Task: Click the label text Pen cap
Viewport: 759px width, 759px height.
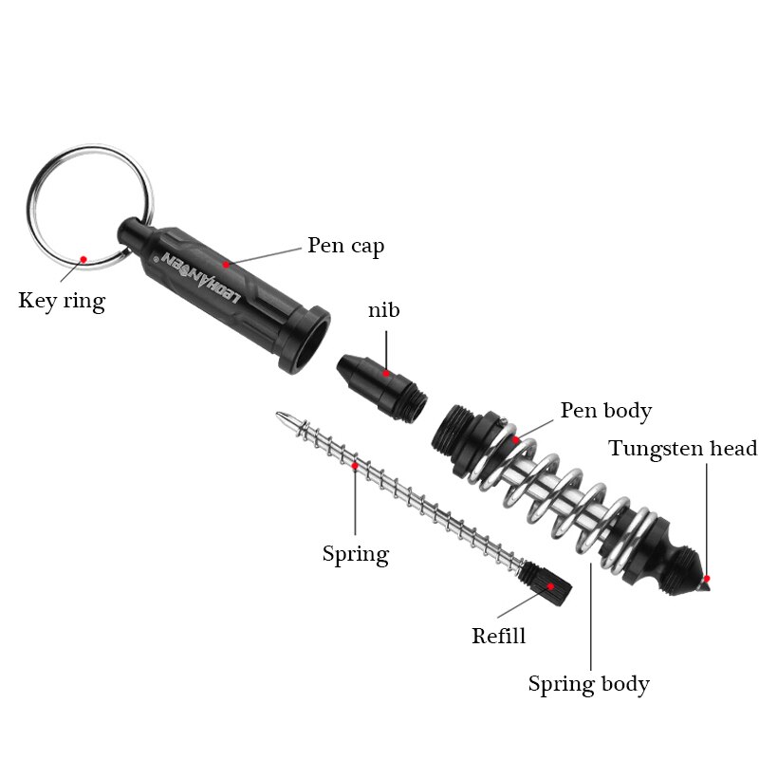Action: [345, 247]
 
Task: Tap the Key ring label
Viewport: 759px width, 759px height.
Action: [62, 302]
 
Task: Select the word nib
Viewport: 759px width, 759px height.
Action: [384, 310]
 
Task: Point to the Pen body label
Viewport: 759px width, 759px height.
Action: [605, 411]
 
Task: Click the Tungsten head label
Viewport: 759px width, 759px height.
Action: [682, 449]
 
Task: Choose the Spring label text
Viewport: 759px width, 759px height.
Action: [355, 554]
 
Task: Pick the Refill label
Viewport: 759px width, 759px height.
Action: [498, 636]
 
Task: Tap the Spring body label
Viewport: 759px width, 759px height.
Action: [588, 683]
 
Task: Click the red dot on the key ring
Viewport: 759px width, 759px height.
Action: [83, 258]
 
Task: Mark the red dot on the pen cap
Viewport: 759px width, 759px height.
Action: [226, 264]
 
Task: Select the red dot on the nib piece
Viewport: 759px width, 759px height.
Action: [386, 375]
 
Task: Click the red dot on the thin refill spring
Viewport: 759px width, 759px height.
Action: [355, 466]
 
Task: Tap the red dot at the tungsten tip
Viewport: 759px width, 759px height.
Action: [706, 578]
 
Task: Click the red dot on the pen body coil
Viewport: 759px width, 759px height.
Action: [516, 439]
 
